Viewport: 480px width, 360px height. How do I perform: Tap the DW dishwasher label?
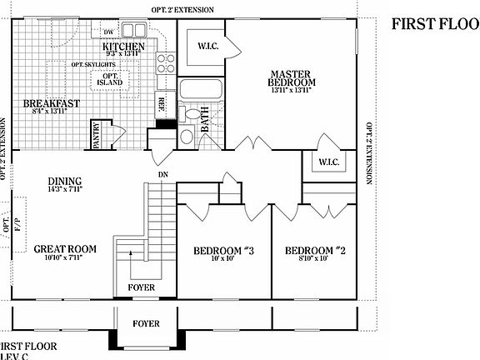(107, 32)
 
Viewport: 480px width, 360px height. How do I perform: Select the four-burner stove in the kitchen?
(164, 60)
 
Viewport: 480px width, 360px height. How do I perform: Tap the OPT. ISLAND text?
(108, 78)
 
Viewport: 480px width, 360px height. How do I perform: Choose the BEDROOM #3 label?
(223, 252)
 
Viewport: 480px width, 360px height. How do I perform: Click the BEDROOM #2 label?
(315, 252)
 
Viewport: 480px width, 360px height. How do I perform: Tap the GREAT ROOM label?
(65, 248)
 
